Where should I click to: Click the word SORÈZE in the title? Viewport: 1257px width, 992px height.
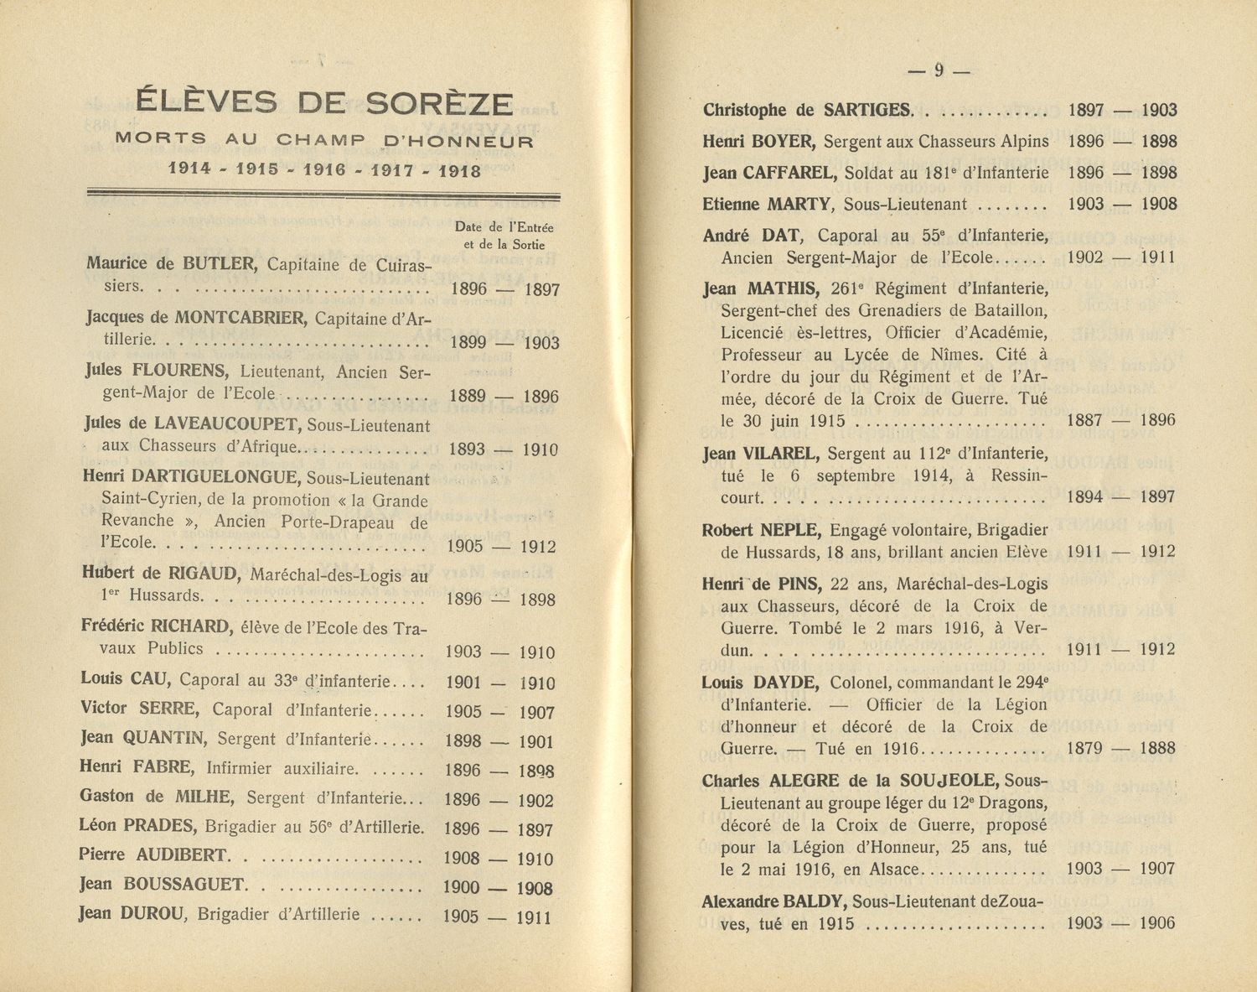(x=439, y=103)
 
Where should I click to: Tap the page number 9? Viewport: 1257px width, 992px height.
(x=939, y=71)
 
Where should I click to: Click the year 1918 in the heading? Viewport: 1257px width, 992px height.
(x=459, y=171)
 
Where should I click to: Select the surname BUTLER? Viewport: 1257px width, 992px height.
(x=218, y=264)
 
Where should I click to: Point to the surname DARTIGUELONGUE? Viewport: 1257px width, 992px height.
(x=215, y=477)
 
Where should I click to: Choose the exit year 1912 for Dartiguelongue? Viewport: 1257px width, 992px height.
(x=537, y=547)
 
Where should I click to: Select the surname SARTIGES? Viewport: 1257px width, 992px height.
(x=866, y=110)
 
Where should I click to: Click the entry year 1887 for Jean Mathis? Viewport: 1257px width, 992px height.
(x=1084, y=420)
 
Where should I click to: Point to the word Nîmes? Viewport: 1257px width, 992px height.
(x=911, y=355)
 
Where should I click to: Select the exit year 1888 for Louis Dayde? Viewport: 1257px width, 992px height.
(x=1157, y=748)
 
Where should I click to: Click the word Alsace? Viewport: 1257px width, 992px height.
(x=893, y=870)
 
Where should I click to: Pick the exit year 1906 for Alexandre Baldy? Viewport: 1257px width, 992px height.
(x=1157, y=923)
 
